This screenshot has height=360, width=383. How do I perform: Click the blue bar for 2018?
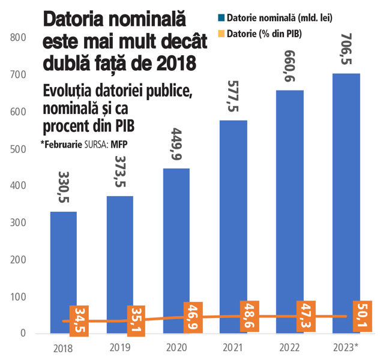[64, 272]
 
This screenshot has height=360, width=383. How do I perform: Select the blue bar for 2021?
[234, 227]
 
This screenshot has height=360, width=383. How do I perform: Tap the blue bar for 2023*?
[346, 203]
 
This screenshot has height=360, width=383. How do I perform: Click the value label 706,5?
[346, 49]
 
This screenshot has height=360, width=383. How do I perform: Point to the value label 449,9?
[176, 144]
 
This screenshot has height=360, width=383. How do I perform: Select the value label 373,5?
[120, 172]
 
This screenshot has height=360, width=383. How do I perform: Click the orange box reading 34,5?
[79, 321]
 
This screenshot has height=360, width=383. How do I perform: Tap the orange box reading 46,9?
[193, 317]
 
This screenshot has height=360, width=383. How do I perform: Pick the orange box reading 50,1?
[363, 316]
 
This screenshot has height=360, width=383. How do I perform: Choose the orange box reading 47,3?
[306, 316]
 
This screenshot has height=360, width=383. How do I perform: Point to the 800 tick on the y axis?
[18, 38]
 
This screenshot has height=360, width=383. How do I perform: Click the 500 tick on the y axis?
[18, 149]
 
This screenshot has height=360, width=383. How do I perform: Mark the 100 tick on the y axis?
[18, 297]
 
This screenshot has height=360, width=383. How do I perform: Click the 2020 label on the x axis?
[176, 347]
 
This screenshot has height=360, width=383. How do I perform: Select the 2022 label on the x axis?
[289, 347]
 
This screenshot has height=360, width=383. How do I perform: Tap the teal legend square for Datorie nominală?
[222, 18]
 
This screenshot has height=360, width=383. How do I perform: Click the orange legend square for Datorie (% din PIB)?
[222, 34]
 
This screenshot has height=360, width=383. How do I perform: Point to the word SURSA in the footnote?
[97, 145]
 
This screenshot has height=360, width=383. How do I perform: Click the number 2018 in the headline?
[176, 62]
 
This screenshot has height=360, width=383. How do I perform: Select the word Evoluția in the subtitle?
[68, 91]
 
